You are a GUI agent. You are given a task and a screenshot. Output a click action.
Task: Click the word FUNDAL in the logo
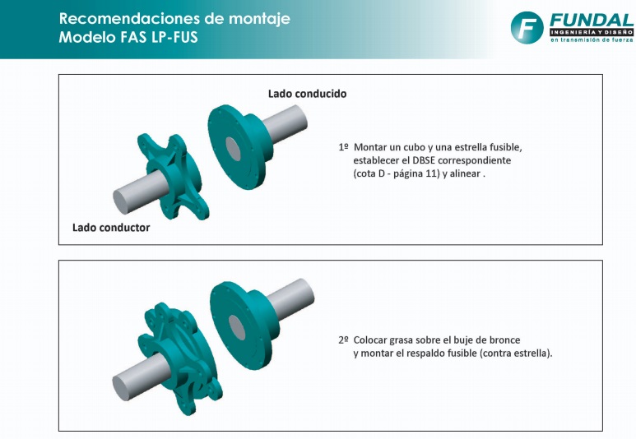point(592,20)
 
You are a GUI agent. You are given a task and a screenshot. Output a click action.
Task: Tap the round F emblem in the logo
point(527,28)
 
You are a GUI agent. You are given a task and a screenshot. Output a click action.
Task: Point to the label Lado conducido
point(308,94)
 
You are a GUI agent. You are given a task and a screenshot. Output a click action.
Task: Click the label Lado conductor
point(111,228)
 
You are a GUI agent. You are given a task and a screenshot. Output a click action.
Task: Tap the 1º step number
point(344,146)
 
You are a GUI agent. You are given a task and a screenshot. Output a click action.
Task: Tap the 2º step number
point(344,340)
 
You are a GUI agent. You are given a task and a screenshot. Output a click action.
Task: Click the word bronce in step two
point(504,340)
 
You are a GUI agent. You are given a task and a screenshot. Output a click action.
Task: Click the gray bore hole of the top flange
point(233,149)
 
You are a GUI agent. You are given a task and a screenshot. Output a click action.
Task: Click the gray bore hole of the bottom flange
point(237,327)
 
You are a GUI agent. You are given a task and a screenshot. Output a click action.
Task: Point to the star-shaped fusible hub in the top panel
point(174,177)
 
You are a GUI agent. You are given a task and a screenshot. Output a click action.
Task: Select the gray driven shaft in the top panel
point(284,123)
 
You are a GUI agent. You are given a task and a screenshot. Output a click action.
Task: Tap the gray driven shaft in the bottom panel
point(290,298)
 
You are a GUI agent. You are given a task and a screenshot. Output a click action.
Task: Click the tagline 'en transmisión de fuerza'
point(592,39)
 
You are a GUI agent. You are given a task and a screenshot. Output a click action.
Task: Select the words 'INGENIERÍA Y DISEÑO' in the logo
point(592,32)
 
